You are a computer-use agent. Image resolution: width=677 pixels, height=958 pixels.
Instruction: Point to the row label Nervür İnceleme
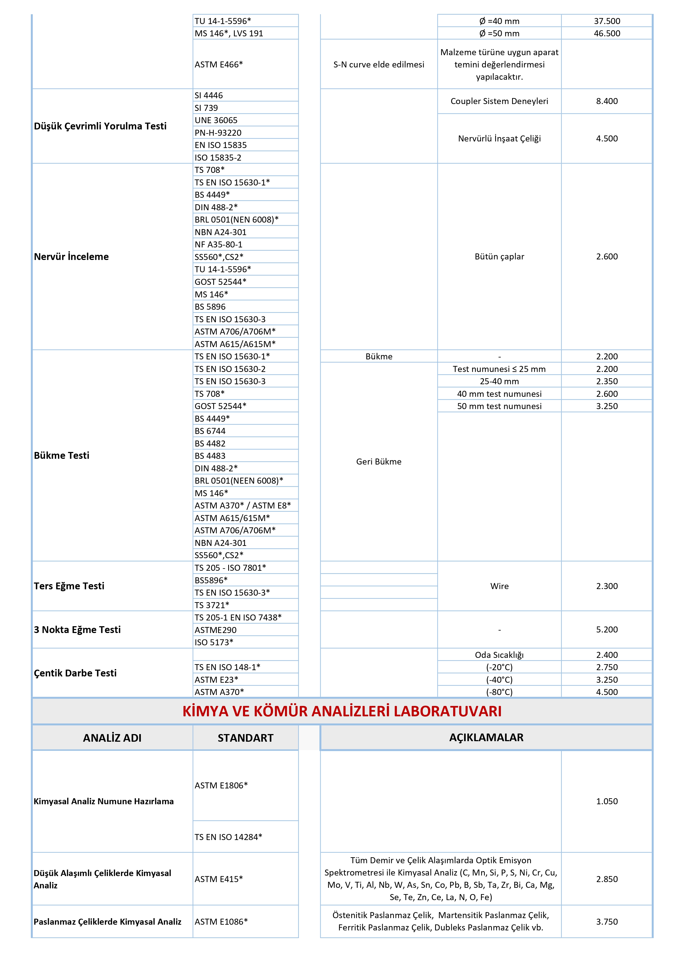click(71, 257)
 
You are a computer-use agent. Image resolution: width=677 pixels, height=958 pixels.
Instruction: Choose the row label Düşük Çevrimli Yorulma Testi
click(100, 126)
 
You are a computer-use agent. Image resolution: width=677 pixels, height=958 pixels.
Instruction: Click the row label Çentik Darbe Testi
click(75, 673)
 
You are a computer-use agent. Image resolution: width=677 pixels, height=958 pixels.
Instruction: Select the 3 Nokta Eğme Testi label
click(77, 630)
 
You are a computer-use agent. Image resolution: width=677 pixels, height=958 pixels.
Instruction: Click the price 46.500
click(607, 33)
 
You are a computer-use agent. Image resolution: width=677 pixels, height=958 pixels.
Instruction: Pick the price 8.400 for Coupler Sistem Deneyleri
click(607, 101)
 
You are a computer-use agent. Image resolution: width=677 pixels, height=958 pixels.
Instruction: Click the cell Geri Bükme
click(379, 462)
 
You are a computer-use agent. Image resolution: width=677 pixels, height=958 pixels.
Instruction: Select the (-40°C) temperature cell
click(499, 680)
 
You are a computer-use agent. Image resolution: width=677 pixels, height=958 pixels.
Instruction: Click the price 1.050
click(607, 802)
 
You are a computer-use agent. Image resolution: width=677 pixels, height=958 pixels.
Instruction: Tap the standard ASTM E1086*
click(221, 922)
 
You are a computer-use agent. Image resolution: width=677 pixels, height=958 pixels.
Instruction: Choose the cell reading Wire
click(499, 586)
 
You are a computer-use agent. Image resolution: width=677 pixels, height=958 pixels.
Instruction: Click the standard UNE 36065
click(216, 120)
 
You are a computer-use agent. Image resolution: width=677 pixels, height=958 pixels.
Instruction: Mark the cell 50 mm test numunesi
click(499, 406)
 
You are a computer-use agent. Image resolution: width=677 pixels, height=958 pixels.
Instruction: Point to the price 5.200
click(607, 630)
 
